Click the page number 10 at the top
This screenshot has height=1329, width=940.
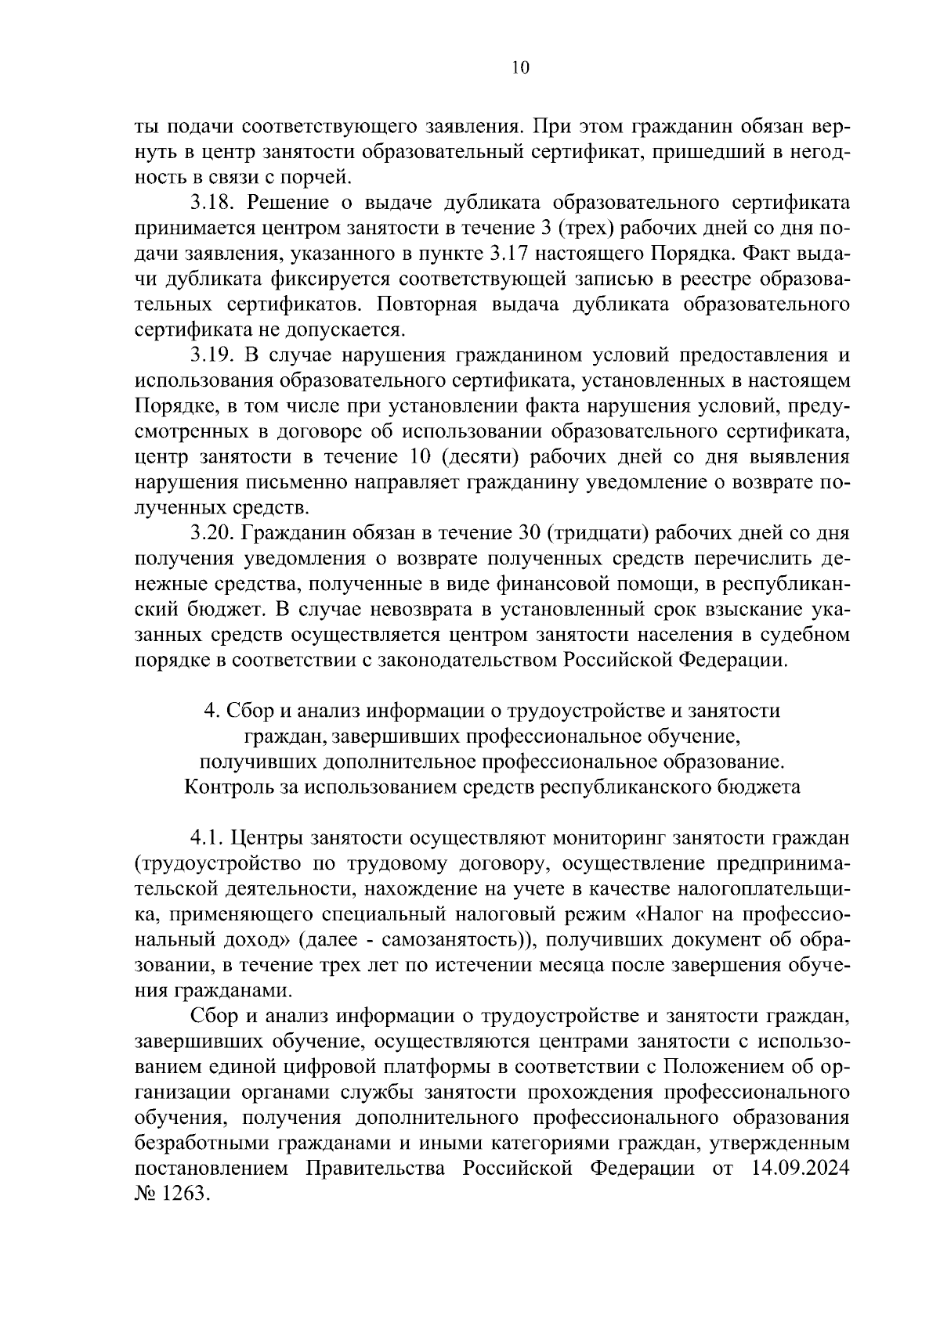(520, 67)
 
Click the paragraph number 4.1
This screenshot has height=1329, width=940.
(207, 837)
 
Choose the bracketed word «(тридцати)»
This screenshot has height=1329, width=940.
(596, 533)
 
